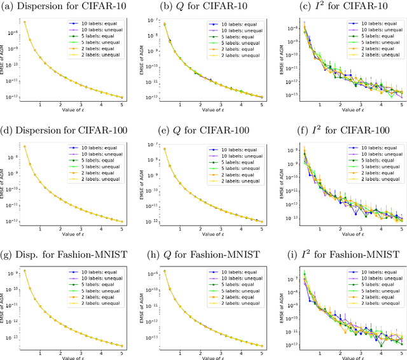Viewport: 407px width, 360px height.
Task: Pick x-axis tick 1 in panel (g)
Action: pyautogui.click(x=41, y=352)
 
